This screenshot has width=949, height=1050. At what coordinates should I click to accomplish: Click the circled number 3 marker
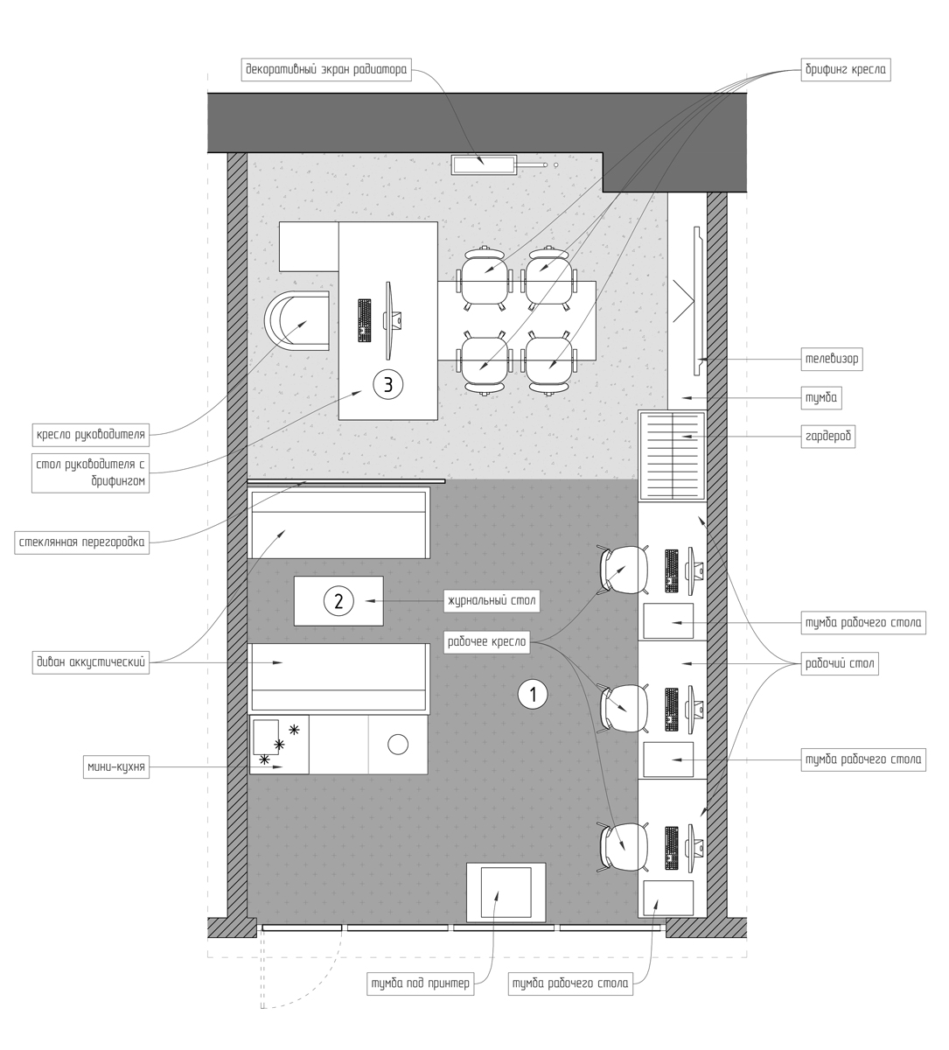coord(387,385)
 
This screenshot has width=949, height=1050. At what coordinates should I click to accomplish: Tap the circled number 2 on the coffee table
coord(338,600)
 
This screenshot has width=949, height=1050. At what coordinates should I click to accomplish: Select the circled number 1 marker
coord(533,695)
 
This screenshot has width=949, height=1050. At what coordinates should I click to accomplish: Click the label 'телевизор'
coord(832,359)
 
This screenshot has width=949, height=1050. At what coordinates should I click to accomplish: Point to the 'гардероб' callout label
coord(828,436)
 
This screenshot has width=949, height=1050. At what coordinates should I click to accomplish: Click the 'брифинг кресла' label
coord(846,69)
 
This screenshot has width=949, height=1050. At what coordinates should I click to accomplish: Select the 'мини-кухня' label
coord(116,766)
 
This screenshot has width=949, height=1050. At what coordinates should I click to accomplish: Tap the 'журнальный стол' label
coord(492,600)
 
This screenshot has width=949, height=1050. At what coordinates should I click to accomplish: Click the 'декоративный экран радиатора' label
coord(326,69)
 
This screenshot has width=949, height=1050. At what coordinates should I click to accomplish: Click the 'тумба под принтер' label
coord(421,983)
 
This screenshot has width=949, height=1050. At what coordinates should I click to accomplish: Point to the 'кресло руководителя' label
coord(91,434)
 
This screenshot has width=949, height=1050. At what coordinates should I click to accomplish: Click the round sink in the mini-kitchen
coord(398,744)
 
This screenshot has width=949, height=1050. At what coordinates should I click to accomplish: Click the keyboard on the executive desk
coord(365,320)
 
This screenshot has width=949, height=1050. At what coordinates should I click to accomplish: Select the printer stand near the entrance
coord(506,892)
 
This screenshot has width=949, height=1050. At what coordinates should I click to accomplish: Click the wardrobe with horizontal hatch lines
coord(672,455)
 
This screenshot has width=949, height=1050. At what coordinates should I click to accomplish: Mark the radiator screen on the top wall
coord(485,164)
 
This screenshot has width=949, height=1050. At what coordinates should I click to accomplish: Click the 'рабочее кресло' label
coord(487,641)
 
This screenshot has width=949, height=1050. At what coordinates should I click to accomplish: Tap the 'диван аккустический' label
coord(91,662)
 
